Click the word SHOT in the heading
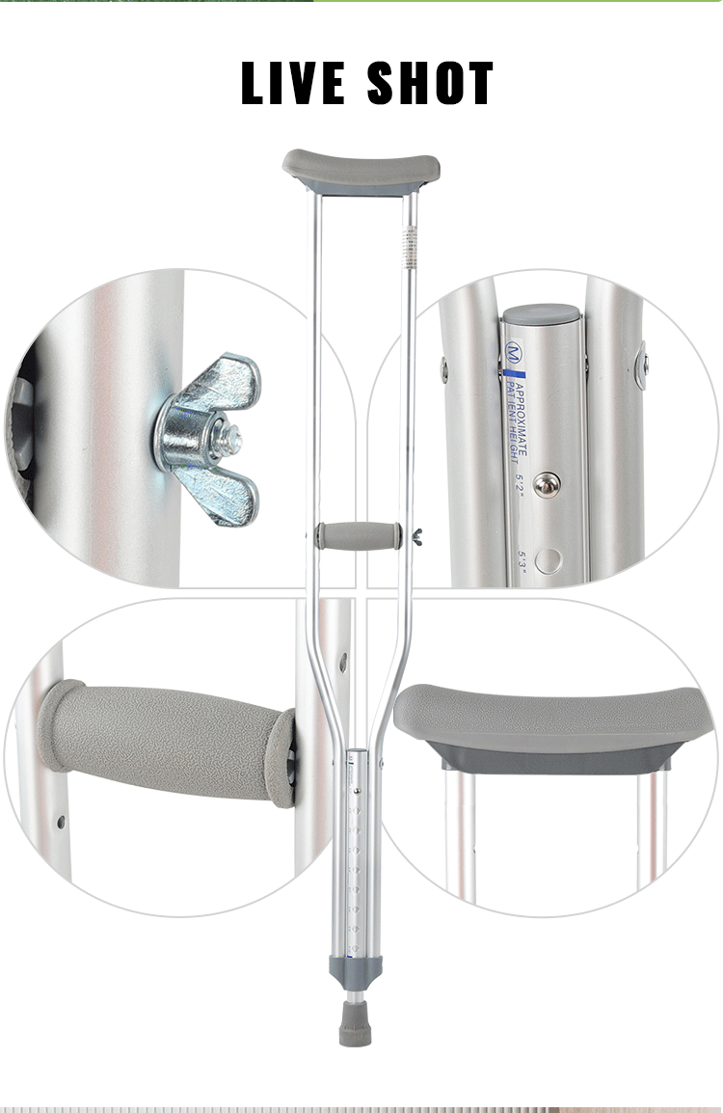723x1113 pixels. coord(431,84)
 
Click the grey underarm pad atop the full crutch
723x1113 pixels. coord(361,170)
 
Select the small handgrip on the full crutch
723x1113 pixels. coord(359,535)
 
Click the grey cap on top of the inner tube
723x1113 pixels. coord(543,315)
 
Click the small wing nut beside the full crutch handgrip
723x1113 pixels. coord(415,535)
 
